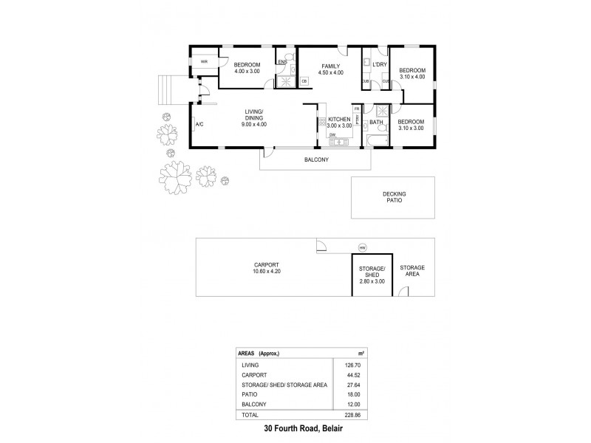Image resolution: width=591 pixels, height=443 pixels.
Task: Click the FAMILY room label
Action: [x=331, y=65]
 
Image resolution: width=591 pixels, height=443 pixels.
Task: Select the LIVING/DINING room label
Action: [x=253, y=114]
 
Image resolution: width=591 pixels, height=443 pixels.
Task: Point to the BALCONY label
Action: [x=316, y=159]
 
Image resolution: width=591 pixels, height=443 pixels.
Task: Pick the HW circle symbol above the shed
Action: [x=362, y=247]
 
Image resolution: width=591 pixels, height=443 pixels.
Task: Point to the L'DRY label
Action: [x=380, y=65]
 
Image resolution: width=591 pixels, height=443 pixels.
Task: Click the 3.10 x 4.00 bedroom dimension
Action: [x=412, y=76]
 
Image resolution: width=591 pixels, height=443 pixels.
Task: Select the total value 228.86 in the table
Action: [x=340, y=416]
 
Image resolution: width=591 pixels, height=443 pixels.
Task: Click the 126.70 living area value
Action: [x=340, y=364]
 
